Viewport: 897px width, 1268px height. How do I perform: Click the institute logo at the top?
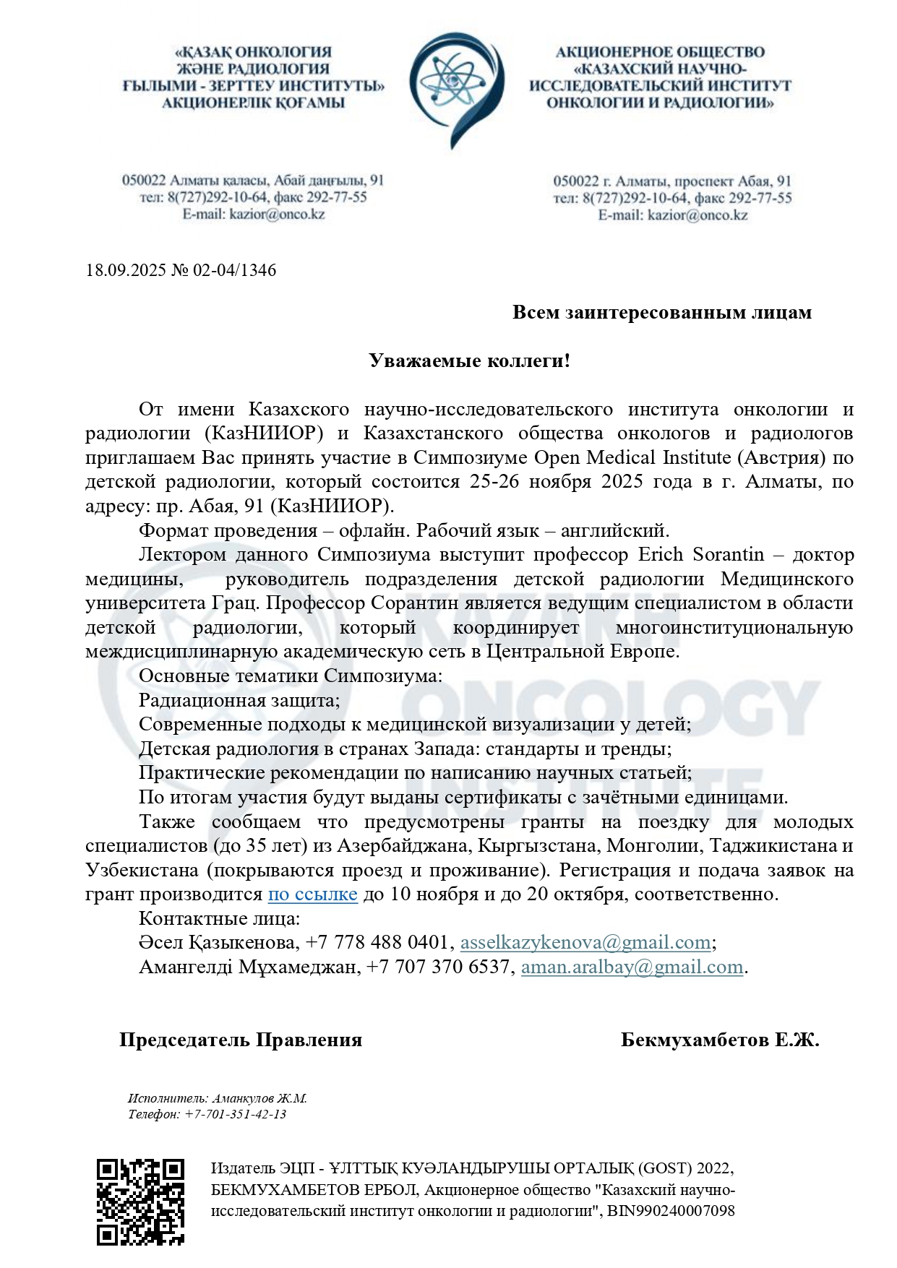click(x=456, y=88)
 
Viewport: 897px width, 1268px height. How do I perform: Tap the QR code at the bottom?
click(x=140, y=1202)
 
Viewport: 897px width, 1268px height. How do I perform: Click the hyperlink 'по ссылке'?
click(x=312, y=894)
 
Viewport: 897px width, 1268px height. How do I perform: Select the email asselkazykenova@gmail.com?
click(x=585, y=942)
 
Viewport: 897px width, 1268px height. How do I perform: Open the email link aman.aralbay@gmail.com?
click(x=632, y=967)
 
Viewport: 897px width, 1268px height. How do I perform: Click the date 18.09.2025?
click(x=125, y=270)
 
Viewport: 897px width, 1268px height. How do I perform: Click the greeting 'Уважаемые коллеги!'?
click(x=470, y=361)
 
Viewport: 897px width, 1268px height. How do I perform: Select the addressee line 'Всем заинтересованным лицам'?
click(x=661, y=312)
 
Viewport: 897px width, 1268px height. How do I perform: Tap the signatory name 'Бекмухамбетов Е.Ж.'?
click(x=719, y=1040)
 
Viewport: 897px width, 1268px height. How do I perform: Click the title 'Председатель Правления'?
click(x=241, y=1040)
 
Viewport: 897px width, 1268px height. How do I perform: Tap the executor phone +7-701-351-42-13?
click(x=236, y=1114)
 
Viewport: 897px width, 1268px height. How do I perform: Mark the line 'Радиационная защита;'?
click(x=239, y=700)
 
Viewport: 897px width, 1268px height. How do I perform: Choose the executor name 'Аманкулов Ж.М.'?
click(x=259, y=1098)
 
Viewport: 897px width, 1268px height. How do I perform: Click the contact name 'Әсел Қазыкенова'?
click(x=217, y=942)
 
